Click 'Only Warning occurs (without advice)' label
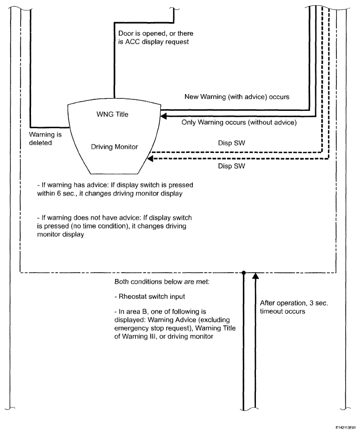coord(239,122)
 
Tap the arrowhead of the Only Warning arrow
coord(164,114)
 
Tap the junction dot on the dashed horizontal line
coord(244,273)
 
